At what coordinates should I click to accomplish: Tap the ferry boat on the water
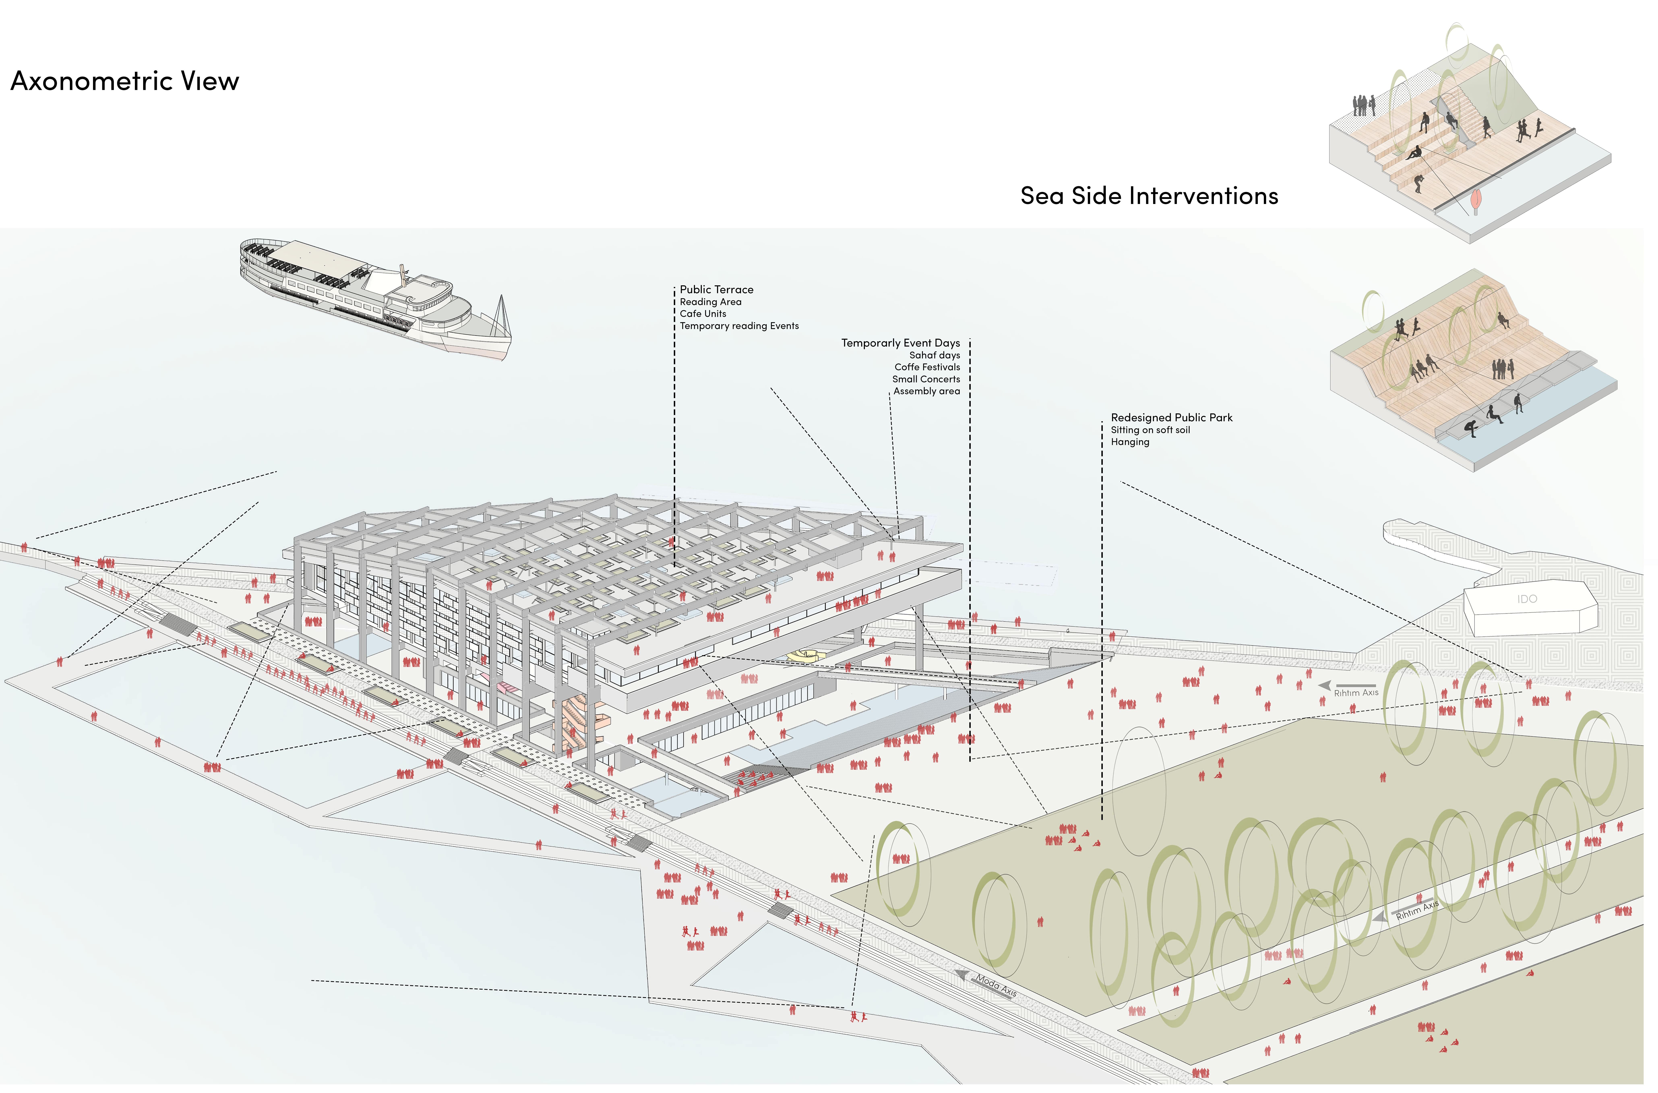[x=375, y=298]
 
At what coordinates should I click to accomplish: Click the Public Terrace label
[x=716, y=289]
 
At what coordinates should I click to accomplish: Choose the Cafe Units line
[x=703, y=314]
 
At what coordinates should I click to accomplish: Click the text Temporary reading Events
[x=739, y=326]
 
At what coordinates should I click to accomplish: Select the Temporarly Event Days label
[x=900, y=343]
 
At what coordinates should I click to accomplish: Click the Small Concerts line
[x=926, y=379]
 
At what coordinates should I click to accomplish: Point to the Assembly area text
[x=927, y=391]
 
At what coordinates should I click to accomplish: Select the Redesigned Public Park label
[x=1172, y=418]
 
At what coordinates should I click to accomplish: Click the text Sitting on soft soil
[x=1151, y=430]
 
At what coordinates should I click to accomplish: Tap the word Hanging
[x=1130, y=442]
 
